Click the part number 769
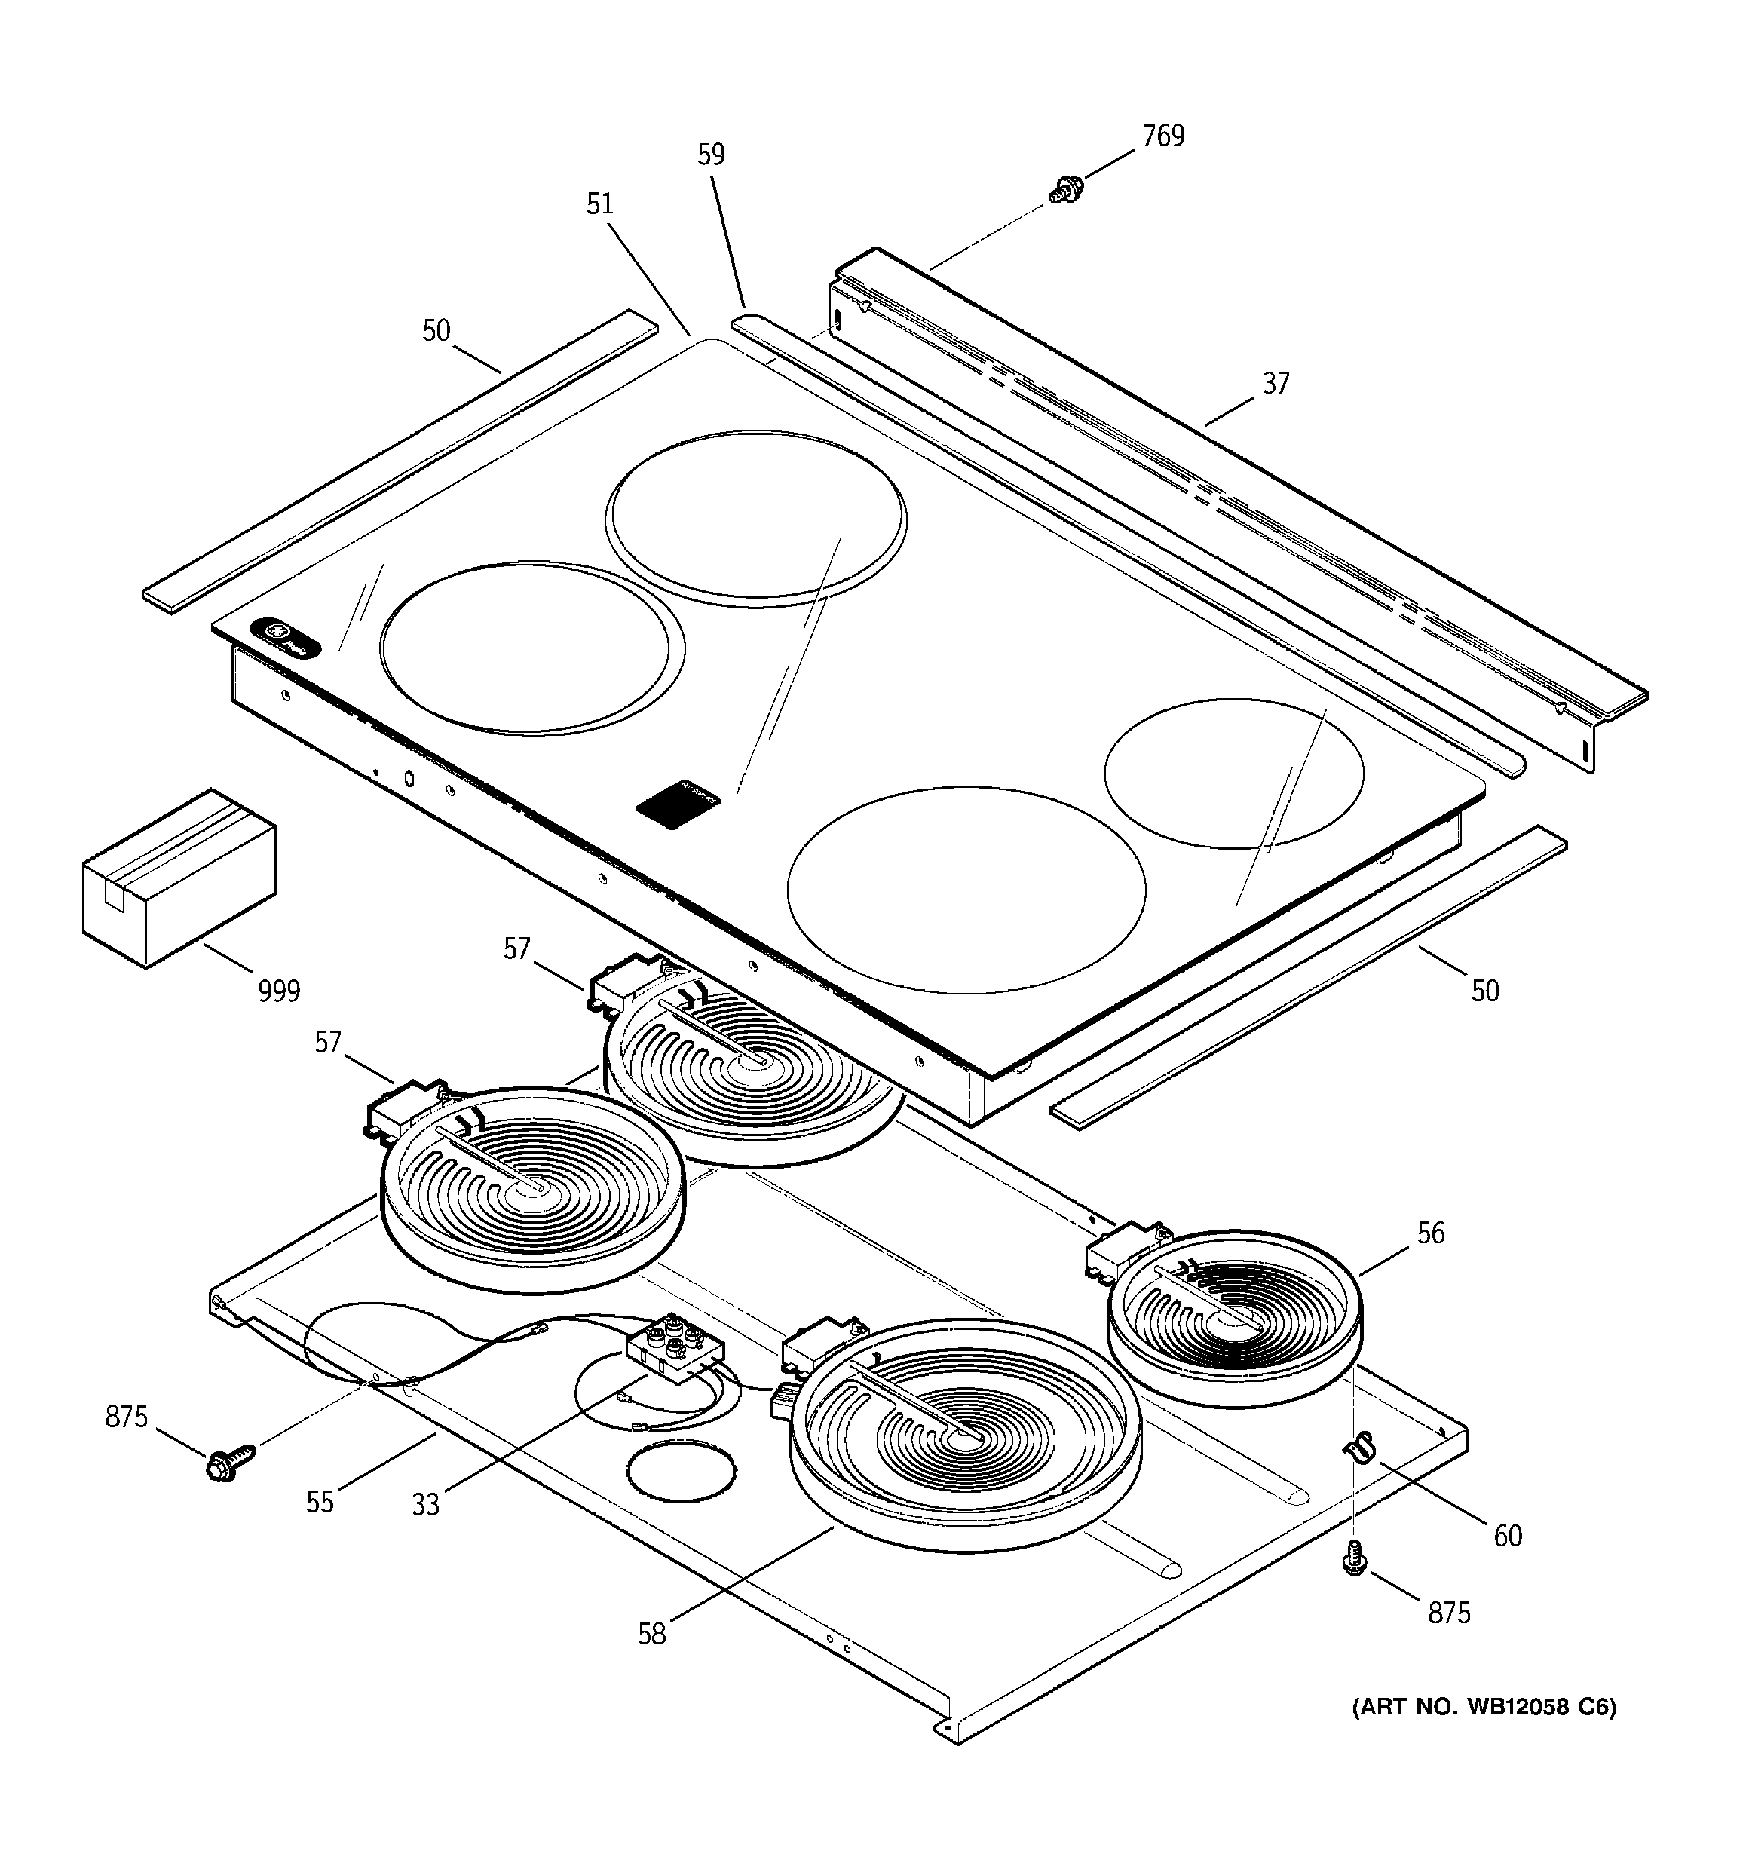1162,137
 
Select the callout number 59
711,155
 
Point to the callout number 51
599,204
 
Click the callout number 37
1275,384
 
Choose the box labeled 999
179,878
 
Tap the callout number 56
1430,1233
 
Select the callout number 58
651,1634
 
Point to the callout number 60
1507,1536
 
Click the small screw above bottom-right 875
1354,1559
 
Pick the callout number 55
319,1502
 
